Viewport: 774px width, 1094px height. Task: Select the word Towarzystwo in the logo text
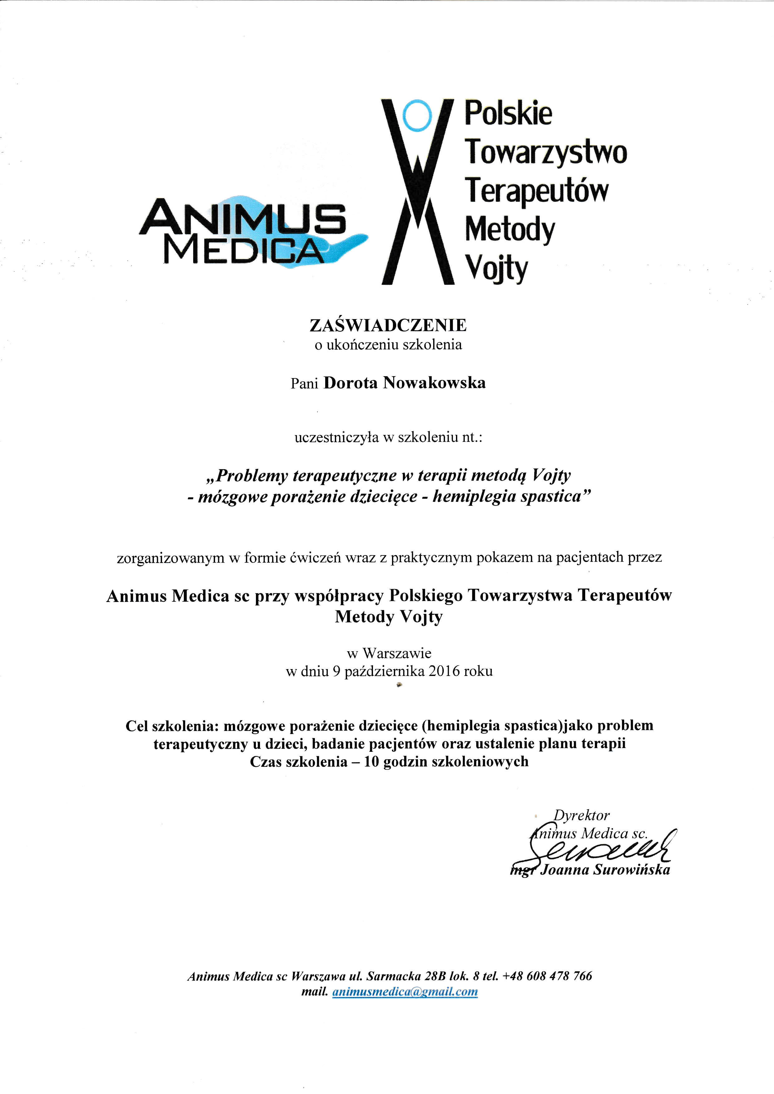pyautogui.click(x=546, y=152)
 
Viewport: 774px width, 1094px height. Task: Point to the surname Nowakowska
pyautogui.click(x=434, y=383)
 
